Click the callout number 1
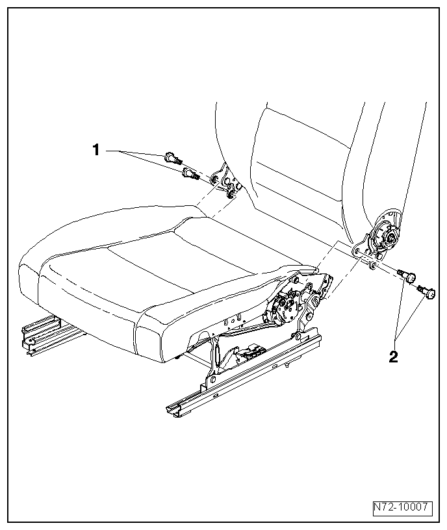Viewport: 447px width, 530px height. [96, 150]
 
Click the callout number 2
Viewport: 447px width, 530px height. [394, 357]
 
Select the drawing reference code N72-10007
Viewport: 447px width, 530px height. [402, 507]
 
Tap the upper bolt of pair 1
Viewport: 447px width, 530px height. [172, 157]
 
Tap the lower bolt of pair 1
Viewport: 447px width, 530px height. [190, 173]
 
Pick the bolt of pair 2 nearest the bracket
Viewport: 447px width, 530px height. [407, 275]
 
